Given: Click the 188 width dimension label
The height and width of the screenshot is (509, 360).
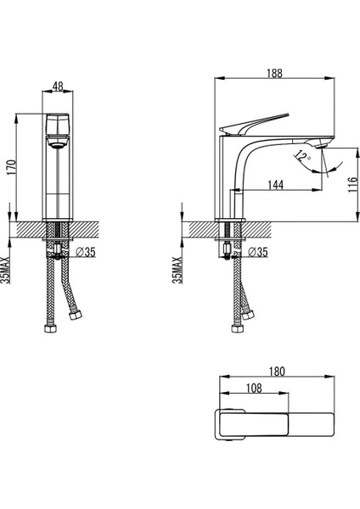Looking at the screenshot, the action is point(274,73).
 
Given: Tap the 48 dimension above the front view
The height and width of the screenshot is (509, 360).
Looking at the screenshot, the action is point(58,87).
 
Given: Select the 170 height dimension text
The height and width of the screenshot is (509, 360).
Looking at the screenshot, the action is point(12,167).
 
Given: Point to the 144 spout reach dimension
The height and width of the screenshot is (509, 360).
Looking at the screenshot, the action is point(276,185).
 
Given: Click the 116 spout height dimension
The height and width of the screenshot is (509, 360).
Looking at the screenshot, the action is point(352,184).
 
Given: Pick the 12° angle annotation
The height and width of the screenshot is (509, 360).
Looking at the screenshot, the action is point(302,157).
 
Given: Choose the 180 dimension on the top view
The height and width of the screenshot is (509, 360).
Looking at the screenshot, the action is point(277,372).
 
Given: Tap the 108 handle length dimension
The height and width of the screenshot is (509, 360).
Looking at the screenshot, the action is point(254,388).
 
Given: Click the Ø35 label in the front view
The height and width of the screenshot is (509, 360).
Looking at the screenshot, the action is point(86,252).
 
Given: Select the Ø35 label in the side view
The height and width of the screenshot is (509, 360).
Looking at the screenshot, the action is point(257,252).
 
